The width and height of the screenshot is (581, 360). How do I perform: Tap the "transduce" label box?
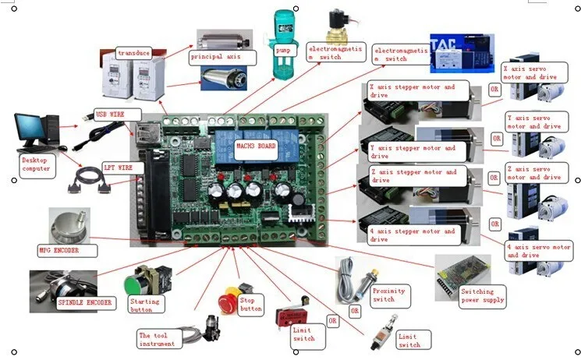pos(133,52)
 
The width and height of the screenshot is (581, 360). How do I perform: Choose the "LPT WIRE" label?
pos(119,167)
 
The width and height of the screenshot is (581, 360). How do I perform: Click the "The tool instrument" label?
pos(158,339)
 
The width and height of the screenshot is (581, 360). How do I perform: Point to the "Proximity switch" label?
pos(389,295)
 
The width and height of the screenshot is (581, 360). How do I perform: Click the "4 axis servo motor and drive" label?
pos(533,251)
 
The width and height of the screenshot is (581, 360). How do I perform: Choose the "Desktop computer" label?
pos(36,164)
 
